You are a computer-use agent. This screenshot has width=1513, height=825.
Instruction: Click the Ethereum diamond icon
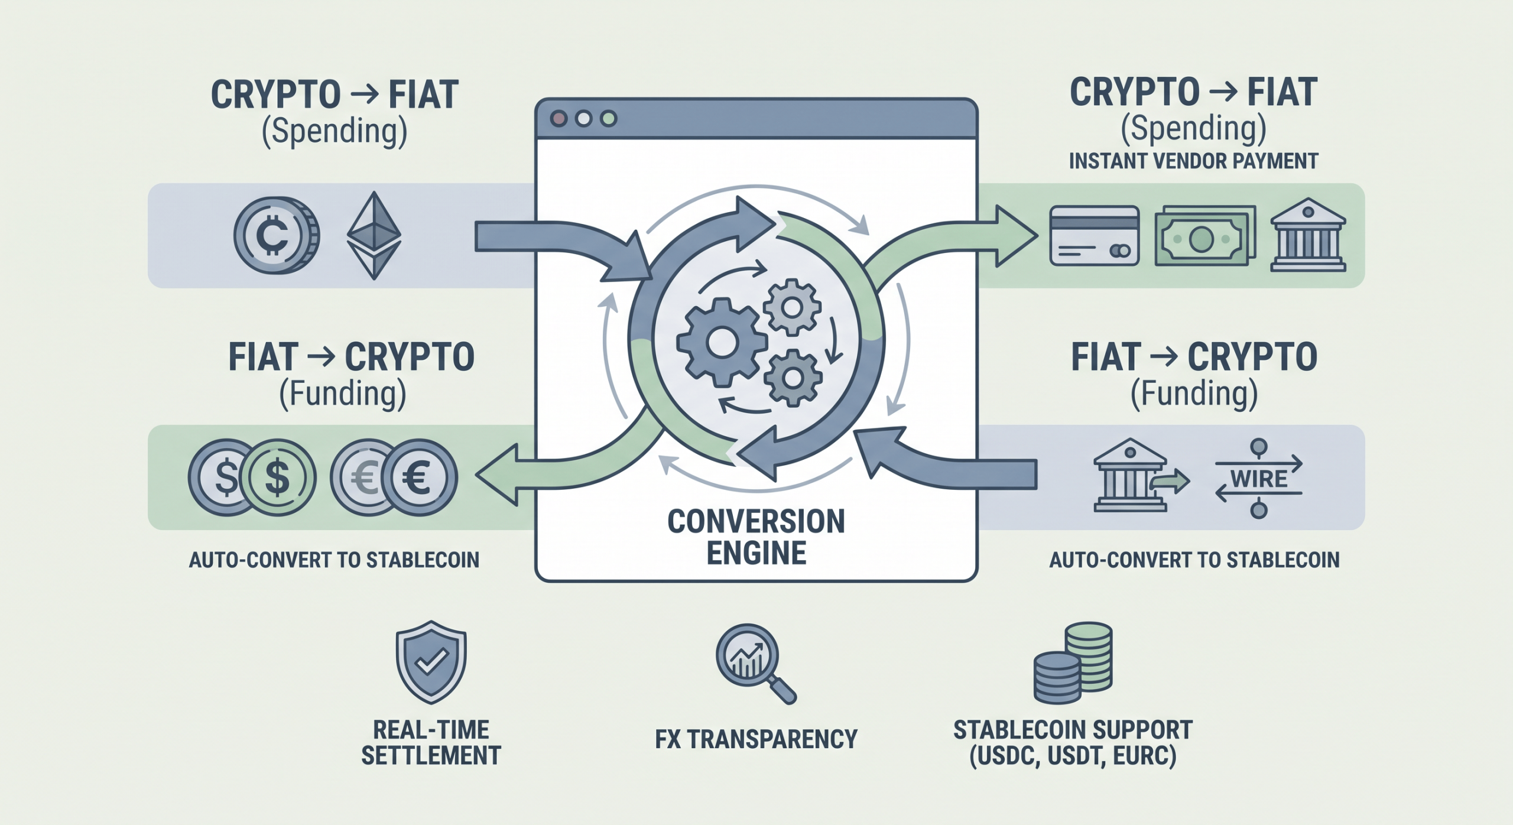374,235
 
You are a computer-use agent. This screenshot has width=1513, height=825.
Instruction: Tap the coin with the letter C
275,235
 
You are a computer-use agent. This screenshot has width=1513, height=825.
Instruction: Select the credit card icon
1094,235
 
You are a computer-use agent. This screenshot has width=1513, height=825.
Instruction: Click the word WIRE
1259,479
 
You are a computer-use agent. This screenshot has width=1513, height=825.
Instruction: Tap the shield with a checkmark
431,661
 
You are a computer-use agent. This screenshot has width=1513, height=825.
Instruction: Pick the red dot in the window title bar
559,119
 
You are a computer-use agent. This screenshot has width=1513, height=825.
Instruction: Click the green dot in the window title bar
608,119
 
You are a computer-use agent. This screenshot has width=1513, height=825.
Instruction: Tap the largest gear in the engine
722,343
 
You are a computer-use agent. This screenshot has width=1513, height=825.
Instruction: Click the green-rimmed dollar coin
277,478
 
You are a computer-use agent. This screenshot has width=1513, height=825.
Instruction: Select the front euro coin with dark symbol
418,478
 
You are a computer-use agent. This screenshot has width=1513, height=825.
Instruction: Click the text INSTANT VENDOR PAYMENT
1193,161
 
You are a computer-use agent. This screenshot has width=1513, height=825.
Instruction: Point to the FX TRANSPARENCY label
756,739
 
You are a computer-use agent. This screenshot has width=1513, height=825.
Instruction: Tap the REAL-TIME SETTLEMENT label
431,743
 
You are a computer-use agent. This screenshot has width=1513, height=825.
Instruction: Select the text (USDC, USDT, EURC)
1073,756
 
